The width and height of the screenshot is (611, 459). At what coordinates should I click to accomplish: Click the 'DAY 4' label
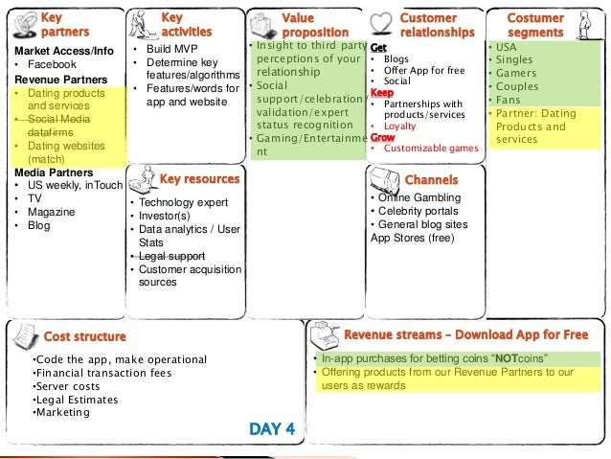click(x=272, y=428)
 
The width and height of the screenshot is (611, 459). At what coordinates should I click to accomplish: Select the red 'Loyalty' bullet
click(x=399, y=126)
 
